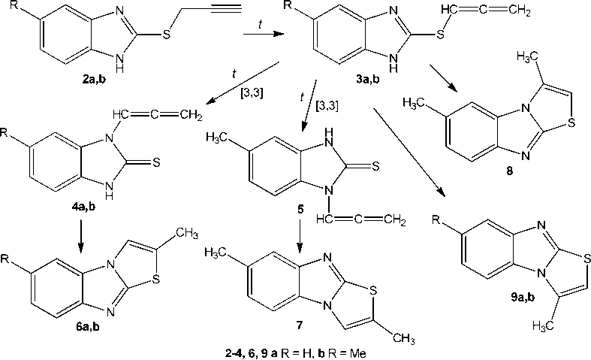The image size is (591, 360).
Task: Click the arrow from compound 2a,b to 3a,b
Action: point(260,34)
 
